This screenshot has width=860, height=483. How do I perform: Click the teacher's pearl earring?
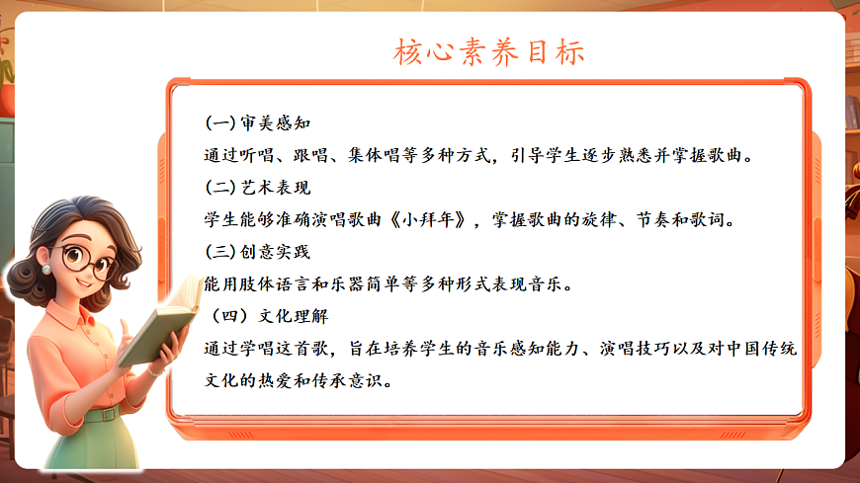coord(45,269)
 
